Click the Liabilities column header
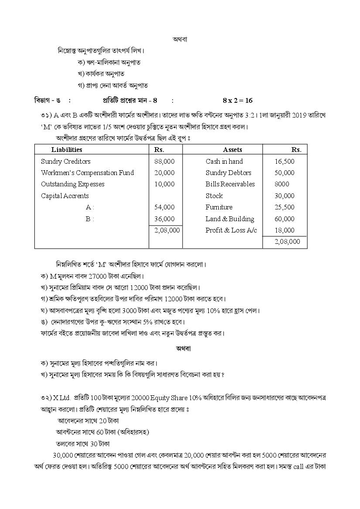pyautogui.click(x=66, y=149)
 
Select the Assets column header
pyautogui.click(x=232, y=149)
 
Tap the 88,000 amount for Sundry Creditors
pyautogui.click(x=164, y=161)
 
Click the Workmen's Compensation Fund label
pyautogui.click(x=87, y=172)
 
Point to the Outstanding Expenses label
pyautogui.click(x=73, y=184)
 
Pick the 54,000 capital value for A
pyautogui.click(x=164, y=207)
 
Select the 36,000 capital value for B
pyautogui.click(x=164, y=219)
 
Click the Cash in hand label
pyautogui.click(x=224, y=161)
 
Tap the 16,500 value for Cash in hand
pyautogui.click(x=284, y=161)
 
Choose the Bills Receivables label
pyautogui.click(x=230, y=184)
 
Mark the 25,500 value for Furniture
pyautogui.click(x=284, y=207)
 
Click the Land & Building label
pyautogui.click(x=230, y=219)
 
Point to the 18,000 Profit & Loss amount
pyautogui.click(x=284, y=230)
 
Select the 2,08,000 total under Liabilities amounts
pyautogui.click(x=167, y=230)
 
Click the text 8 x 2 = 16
pyautogui.click(x=238, y=100)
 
